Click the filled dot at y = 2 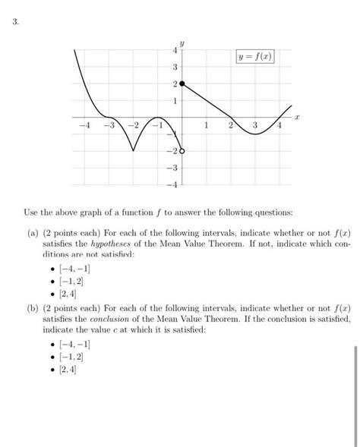182,84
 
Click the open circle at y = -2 182,151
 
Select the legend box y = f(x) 255,57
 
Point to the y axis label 182,42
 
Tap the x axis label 298,118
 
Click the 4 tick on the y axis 174,50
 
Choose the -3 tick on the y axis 172,167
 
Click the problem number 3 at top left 15,23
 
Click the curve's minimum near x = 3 256,134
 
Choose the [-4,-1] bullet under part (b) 70,344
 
